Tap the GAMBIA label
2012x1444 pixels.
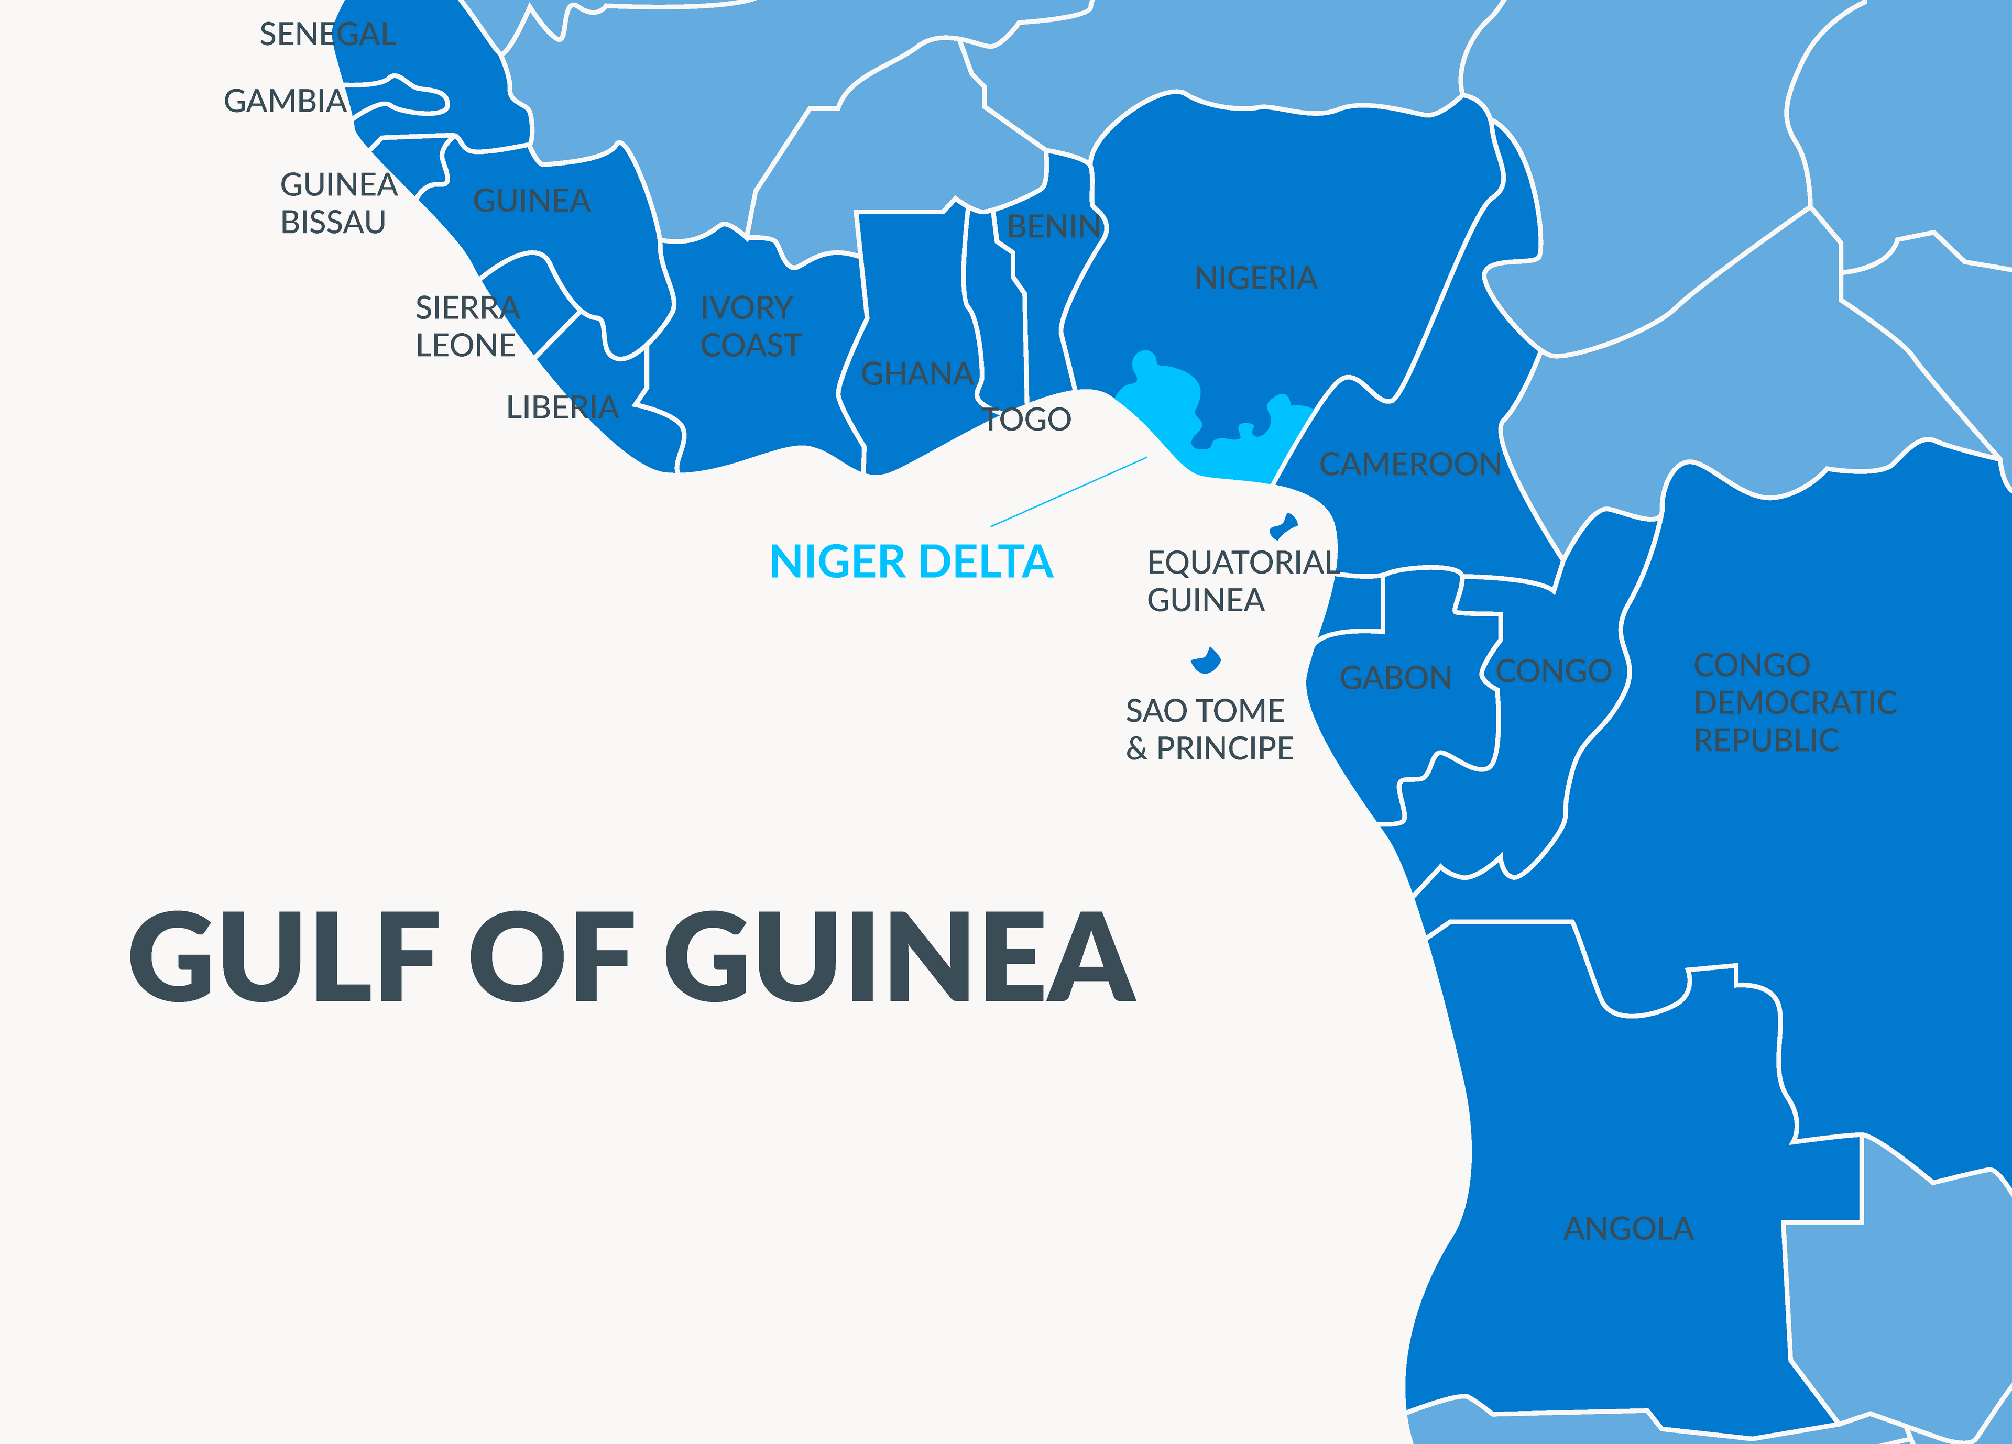285,101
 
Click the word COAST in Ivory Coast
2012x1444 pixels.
750,346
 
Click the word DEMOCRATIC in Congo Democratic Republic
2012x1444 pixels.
1794,702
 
